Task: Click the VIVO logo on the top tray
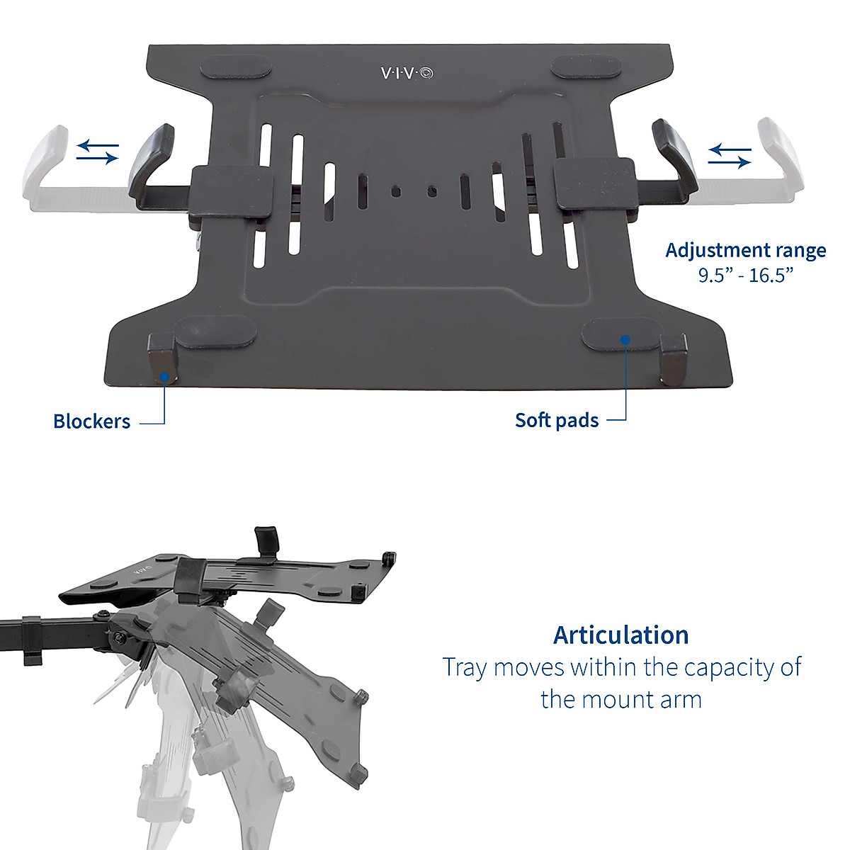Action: click(x=408, y=73)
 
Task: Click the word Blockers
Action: click(x=91, y=421)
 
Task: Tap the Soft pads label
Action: click(x=557, y=420)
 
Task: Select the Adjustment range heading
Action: click(x=745, y=251)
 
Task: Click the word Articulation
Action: click(x=620, y=635)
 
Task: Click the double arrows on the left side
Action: click(x=98, y=152)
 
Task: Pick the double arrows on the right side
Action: click(x=730, y=155)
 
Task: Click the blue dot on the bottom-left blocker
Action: click(x=164, y=377)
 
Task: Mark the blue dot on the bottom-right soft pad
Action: click(x=625, y=339)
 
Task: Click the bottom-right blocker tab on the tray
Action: click(x=673, y=358)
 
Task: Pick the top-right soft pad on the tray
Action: click(x=586, y=68)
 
